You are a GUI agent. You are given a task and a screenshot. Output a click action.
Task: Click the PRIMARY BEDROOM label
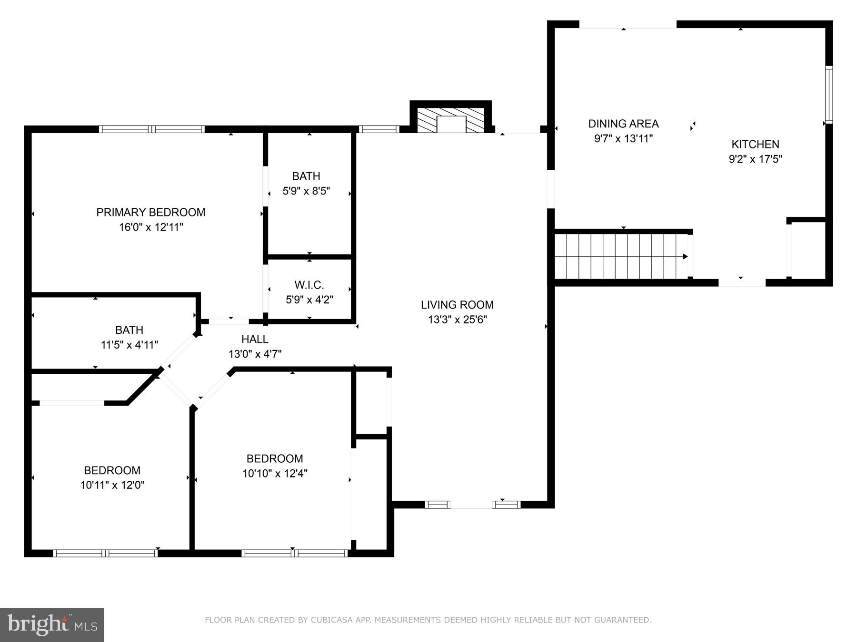click(x=150, y=212)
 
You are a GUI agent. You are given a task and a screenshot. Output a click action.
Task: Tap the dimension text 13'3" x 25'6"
click(x=457, y=320)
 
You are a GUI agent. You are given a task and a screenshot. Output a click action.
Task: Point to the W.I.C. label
click(x=309, y=285)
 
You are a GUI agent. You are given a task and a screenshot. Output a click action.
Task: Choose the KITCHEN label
click(x=755, y=144)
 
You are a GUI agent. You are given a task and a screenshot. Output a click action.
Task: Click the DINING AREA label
click(x=623, y=124)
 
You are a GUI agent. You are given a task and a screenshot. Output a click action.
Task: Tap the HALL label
click(x=255, y=339)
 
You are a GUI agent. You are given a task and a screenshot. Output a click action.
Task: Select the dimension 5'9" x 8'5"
click(x=306, y=191)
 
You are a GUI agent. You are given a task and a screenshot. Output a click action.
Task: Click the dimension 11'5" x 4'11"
click(x=129, y=345)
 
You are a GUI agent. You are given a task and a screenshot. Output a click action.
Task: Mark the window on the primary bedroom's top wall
click(x=151, y=129)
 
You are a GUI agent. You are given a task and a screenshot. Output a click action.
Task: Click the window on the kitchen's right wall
click(x=828, y=95)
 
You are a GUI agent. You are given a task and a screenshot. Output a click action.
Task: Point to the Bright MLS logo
click(x=52, y=624)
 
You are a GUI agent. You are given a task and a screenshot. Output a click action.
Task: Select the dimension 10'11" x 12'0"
click(x=112, y=485)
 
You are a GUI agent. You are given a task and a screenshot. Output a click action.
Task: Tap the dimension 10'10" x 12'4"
click(x=275, y=473)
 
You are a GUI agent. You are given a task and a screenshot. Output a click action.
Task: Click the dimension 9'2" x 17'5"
click(x=755, y=159)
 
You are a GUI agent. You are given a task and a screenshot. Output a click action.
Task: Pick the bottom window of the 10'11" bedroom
click(x=105, y=553)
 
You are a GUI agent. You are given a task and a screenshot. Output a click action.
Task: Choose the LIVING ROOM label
click(x=457, y=304)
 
